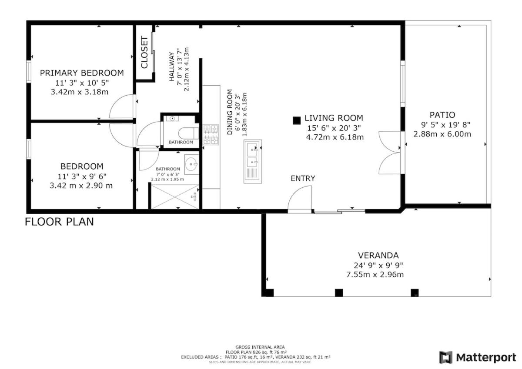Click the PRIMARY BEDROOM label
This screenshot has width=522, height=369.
(x=82, y=73)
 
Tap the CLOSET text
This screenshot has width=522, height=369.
(x=144, y=53)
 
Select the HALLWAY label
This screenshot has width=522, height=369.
(x=172, y=67)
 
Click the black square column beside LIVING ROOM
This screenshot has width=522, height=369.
(x=296, y=120)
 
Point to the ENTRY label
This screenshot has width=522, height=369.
(x=303, y=178)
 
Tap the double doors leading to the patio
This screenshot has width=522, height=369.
(x=390, y=153)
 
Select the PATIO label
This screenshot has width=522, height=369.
(x=442, y=115)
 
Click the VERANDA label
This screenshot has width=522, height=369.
(x=378, y=256)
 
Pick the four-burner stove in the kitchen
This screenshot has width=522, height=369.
(x=211, y=135)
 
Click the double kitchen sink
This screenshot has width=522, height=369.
(x=253, y=161)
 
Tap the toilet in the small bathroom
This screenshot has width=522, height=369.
(x=188, y=133)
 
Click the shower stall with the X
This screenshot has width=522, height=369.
(x=175, y=197)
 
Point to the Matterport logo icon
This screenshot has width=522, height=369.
(x=446, y=357)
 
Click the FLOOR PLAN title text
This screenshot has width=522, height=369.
(x=59, y=222)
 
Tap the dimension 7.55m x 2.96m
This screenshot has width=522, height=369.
(x=375, y=275)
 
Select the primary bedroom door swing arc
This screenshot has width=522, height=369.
(x=121, y=106)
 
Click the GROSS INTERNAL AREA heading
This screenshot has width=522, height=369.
(x=260, y=347)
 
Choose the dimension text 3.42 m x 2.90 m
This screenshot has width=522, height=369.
(x=81, y=186)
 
